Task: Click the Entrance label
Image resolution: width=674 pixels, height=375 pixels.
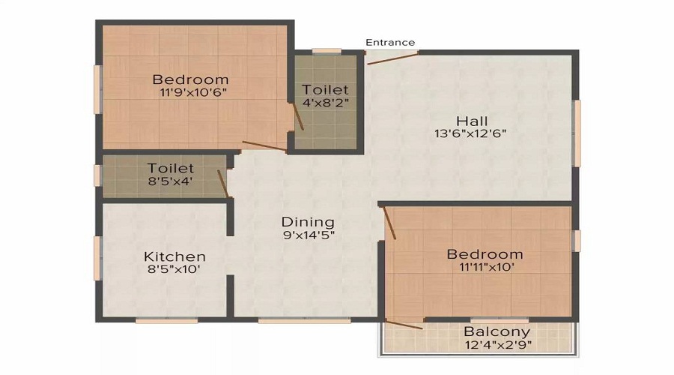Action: (390, 42)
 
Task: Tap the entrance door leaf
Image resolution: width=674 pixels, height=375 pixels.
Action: (392, 58)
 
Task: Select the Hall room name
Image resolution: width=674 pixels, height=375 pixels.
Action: (472, 121)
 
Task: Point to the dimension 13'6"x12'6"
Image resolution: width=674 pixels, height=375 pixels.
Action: (470, 133)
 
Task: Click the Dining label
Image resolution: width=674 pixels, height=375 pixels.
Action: (308, 222)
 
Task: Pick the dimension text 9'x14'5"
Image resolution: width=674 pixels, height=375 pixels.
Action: (309, 235)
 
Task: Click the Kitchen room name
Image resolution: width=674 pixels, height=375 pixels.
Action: (174, 256)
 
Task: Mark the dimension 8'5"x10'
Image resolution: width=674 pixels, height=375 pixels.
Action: (174, 269)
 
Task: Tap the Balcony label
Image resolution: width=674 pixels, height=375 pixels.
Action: (497, 332)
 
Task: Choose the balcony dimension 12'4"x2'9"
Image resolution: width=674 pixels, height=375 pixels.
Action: (498, 345)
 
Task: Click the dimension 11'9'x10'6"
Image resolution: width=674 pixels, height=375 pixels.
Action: (193, 92)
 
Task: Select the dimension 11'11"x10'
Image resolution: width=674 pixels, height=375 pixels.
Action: (487, 267)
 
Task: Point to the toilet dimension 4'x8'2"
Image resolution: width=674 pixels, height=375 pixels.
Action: (326, 103)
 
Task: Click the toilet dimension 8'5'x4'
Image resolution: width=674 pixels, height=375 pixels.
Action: (170, 181)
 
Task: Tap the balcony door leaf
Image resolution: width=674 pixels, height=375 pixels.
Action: (404, 325)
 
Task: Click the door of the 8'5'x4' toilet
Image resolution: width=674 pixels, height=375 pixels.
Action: (222, 184)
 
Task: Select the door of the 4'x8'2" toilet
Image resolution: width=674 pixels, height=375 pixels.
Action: (298, 116)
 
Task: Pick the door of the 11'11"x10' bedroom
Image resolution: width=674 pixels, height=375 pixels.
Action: (389, 223)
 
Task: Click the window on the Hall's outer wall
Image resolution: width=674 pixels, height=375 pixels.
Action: (577, 133)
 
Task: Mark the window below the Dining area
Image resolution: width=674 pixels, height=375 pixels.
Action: (304, 321)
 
